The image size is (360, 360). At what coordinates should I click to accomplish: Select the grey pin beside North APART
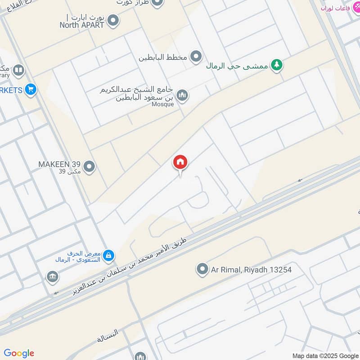113,20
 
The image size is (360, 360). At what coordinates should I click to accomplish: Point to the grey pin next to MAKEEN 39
90,167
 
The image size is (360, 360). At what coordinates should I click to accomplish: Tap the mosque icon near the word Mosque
182,95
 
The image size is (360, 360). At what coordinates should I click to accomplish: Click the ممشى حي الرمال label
237,66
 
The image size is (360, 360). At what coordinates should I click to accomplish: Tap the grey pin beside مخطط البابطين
196,57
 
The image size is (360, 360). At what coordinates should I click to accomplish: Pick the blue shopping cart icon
31,90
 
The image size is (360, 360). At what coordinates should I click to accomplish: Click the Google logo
19,353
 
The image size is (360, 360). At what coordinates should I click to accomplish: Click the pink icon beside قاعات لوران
355,8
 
